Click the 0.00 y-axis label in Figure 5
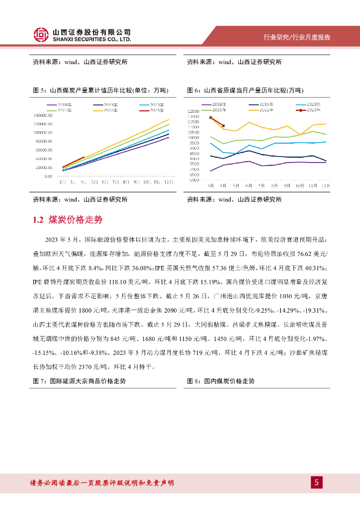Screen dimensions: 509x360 click(48, 176)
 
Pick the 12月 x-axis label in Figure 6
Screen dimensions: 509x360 click(325, 185)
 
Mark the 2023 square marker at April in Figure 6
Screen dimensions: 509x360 click(223, 126)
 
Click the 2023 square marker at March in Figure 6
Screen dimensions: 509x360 click(211, 118)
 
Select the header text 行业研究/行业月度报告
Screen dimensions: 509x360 click(297, 38)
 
